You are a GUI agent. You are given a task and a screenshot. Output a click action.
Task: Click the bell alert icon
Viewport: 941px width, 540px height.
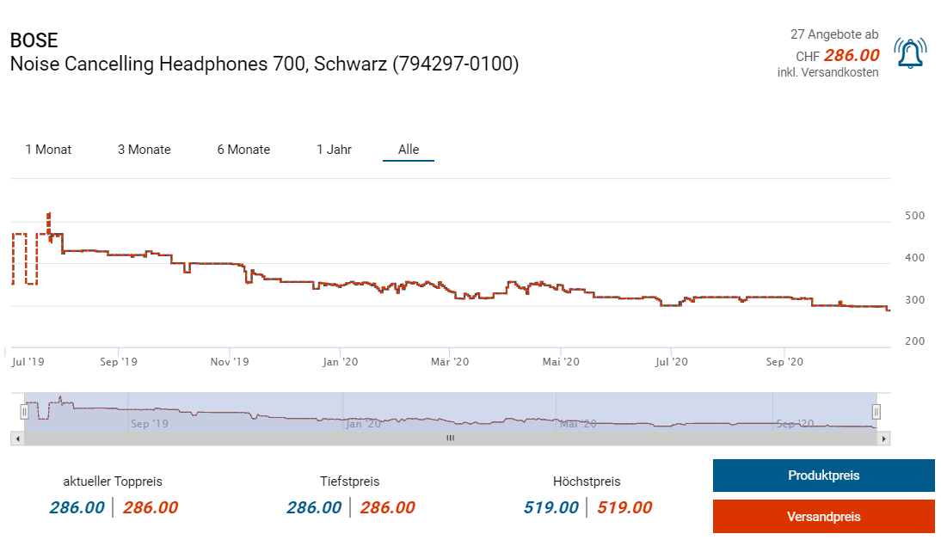[909, 54]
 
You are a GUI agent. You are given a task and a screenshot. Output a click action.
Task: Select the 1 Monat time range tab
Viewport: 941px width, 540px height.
[48, 150]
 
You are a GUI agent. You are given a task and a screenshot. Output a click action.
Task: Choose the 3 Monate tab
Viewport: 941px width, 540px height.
[145, 150]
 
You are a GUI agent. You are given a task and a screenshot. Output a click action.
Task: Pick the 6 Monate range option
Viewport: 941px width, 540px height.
[243, 150]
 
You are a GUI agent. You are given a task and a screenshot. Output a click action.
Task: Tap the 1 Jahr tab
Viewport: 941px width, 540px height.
[334, 150]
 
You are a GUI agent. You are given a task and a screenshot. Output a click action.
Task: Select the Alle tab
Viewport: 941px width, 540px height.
[409, 150]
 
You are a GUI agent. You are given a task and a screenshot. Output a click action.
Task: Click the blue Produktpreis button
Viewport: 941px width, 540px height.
[823, 476]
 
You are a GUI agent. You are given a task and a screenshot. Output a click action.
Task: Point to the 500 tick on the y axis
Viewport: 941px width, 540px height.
[915, 216]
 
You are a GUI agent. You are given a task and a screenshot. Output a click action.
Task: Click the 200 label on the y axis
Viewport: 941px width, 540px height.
[915, 341]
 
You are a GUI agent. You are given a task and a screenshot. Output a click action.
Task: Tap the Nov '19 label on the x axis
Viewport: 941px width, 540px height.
[230, 362]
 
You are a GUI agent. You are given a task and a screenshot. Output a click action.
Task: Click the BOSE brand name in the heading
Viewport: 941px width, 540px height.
[34, 40]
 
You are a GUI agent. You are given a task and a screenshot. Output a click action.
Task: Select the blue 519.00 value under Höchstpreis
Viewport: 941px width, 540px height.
[550, 507]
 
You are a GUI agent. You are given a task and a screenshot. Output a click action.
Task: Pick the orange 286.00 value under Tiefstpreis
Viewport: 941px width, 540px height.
[387, 507]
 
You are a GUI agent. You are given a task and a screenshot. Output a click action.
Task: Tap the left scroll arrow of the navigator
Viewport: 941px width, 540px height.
[16, 439]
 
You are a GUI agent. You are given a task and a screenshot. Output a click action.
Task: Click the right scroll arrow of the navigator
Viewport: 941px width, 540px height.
[884, 439]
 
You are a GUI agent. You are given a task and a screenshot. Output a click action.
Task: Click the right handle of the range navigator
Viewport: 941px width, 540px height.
[876, 411]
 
